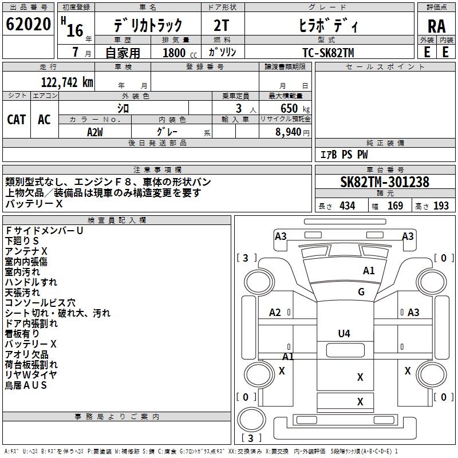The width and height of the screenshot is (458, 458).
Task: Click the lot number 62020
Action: pyautogui.click(x=28, y=24)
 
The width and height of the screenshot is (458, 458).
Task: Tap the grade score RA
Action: pyautogui.click(x=436, y=26)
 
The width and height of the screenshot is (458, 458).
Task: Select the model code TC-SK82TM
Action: pyautogui.click(x=328, y=53)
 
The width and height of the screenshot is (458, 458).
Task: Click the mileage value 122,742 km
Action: pyautogui.click(x=67, y=82)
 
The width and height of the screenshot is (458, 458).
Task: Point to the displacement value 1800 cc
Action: pyautogui.click(x=180, y=53)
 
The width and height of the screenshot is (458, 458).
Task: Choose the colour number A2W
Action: pyautogui.click(x=95, y=132)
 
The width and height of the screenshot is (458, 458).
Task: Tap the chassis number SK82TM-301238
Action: pyautogui.click(x=385, y=182)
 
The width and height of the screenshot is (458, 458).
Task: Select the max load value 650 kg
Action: pyautogui.click(x=295, y=108)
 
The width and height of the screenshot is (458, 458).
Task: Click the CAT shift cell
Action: pyautogui.click(x=17, y=120)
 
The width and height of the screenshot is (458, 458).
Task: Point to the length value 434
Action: pyautogui.click(x=348, y=206)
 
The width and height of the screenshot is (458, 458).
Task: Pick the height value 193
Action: pyautogui.click(x=441, y=206)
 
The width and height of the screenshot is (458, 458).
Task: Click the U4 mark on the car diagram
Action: pyautogui.click(x=344, y=334)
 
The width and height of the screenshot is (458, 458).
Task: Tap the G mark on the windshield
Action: pyautogui.click(x=361, y=292)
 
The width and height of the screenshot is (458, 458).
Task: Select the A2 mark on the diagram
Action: pyautogui.click(x=275, y=313)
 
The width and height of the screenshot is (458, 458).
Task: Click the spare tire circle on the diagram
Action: pyautogui.click(x=251, y=419)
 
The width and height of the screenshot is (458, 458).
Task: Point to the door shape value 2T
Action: pyautogui.click(x=222, y=26)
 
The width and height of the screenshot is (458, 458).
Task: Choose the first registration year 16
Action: pyautogui.click(x=75, y=30)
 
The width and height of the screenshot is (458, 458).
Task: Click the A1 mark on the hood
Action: pyautogui.click(x=369, y=271)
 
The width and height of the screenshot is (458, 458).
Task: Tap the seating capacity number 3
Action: pyautogui.click(x=239, y=108)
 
